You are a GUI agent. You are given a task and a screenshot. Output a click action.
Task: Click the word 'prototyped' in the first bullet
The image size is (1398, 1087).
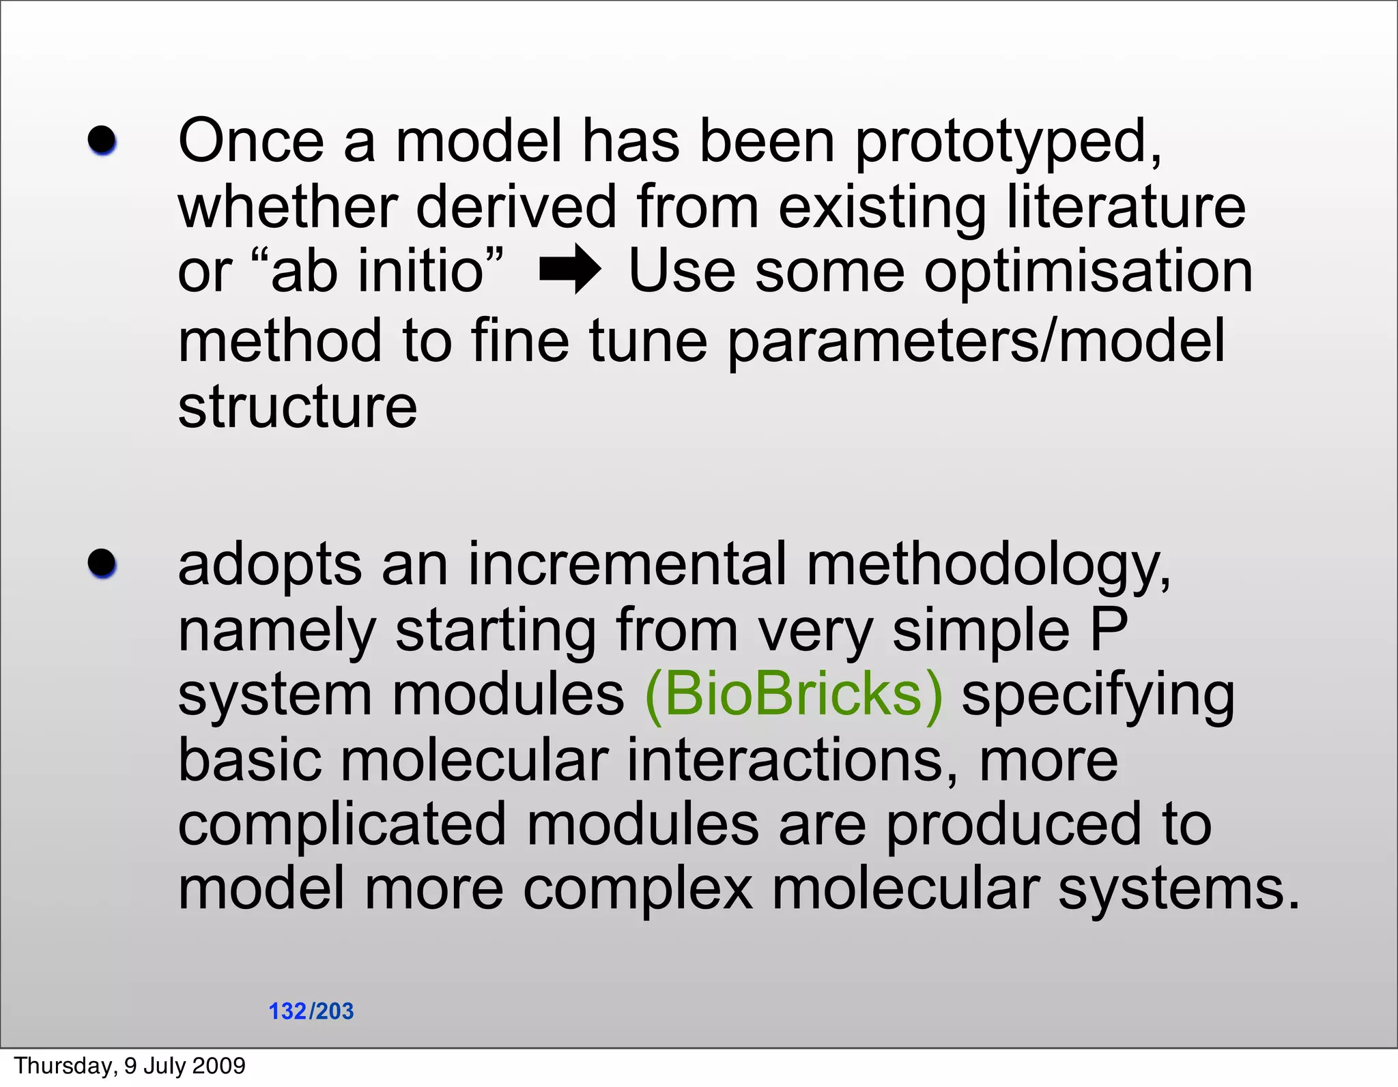point(1007,142)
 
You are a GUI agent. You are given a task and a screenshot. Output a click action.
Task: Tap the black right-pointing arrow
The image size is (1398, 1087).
point(570,270)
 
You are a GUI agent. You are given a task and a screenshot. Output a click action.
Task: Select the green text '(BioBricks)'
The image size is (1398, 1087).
point(793,695)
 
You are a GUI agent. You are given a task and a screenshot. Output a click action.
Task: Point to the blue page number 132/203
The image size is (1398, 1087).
point(311,1011)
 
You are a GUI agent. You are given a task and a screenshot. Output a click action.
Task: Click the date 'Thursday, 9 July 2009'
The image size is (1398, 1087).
point(130,1065)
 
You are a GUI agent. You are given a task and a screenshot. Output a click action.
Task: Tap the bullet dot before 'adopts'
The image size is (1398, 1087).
point(102,564)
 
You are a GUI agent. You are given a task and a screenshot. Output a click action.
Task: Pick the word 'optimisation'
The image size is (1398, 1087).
point(1088,271)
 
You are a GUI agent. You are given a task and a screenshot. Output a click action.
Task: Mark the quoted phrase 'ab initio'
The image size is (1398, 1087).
point(377,271)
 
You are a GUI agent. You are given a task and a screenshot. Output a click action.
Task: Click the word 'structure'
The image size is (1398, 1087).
point(297,407)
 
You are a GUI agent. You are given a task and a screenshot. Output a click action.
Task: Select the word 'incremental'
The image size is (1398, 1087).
point(627,564)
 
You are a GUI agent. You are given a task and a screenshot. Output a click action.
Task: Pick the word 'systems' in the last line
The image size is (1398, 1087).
point(1178,890)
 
